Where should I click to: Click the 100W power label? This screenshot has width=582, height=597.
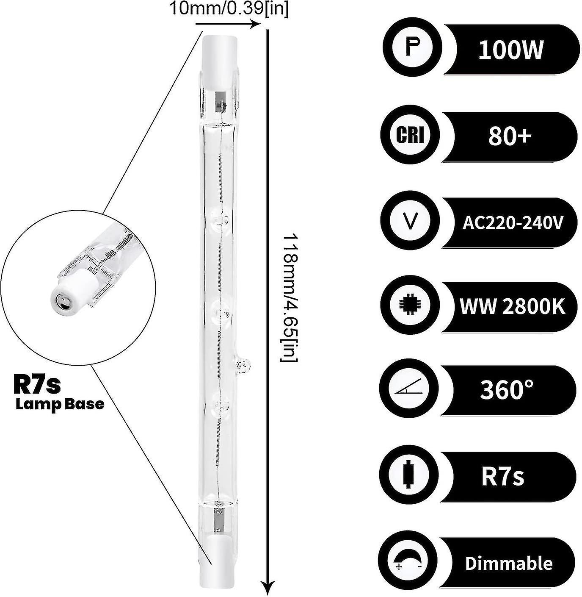pos(510,51)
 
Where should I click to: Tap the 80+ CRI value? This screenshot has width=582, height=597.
pos(510,137)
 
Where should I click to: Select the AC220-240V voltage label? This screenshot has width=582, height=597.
pos(513,222)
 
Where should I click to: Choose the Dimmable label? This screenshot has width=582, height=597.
pos(509,564)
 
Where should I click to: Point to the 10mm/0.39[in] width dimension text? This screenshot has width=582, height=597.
pos(228,9)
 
